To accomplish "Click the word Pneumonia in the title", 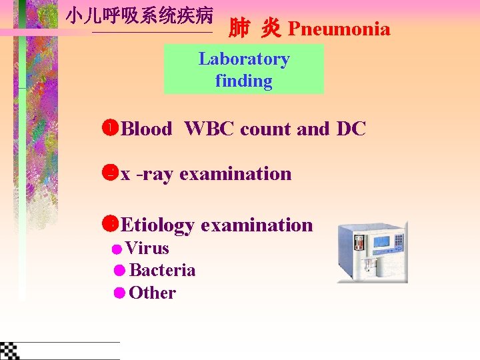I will tap(339, 29).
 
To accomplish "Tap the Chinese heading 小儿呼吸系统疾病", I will tap(139, 16).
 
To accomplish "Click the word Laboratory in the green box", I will tap(244, 59).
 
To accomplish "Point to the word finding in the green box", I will tap(244, 81).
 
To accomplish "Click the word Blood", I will tap(147, 129).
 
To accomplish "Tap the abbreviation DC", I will tap(351, 129).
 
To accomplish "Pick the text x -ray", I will tap(147, 174).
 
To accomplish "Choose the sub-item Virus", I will tap(147, 249).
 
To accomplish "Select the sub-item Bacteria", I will tap(162, 271).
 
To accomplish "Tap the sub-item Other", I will tap(153, 293).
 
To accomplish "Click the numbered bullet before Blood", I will tap(111, 127).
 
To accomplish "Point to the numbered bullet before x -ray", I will tap(111, 173).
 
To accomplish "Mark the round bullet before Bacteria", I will tap(119, 271).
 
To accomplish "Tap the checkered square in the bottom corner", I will tap(9, 350).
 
